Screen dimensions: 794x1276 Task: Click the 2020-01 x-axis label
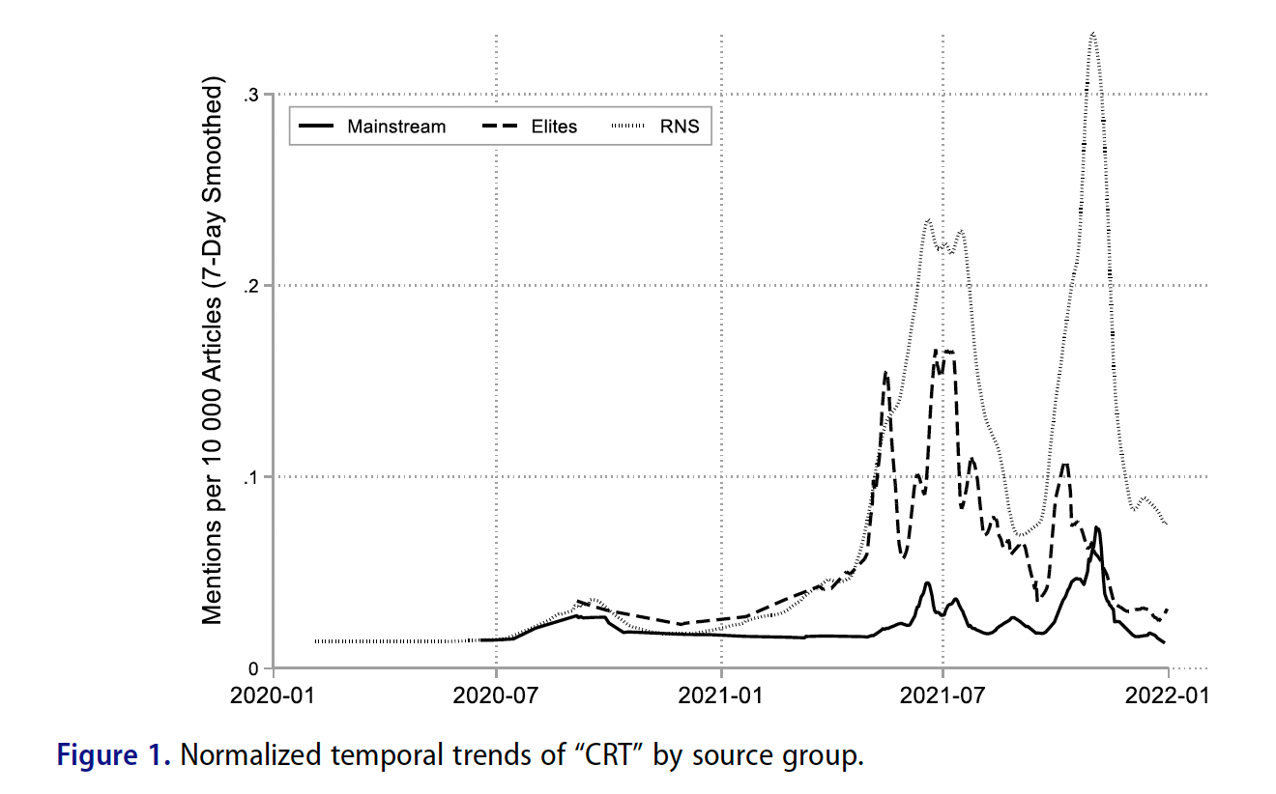tap(275, 695)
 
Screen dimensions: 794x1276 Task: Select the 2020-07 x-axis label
tap(496, 695)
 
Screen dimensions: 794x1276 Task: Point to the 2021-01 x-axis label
tap(721, 695)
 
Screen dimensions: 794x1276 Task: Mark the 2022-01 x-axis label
tap(1168, 695)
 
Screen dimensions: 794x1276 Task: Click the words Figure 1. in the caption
tap(114, 755)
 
